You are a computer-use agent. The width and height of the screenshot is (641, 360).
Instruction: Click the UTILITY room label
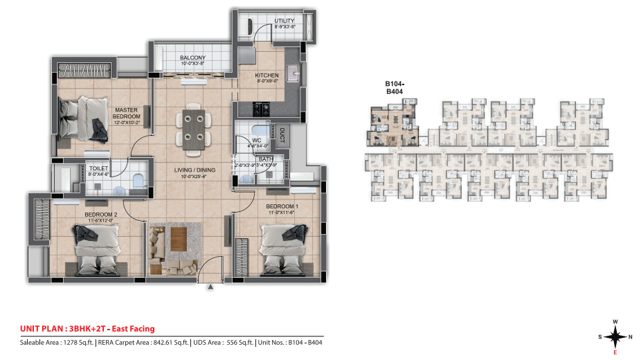point(285,21)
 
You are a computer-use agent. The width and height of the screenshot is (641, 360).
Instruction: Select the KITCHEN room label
point(267,75)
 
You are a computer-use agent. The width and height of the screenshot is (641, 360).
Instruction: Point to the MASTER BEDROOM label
point(127,113)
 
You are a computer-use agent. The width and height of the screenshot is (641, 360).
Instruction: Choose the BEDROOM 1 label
point(282,206)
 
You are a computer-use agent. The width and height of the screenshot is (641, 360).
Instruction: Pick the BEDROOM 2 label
point(100,215)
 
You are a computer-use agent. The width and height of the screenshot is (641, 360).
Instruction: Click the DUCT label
point(282,132)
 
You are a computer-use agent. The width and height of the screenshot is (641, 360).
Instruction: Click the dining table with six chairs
point(194,128)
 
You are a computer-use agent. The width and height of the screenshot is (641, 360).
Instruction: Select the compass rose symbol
point(614,336)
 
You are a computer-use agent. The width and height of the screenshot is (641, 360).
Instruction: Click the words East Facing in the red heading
point(130,329)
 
